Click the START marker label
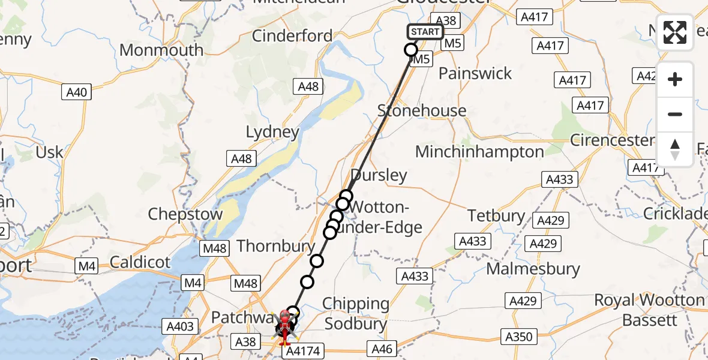pyautogui.click(x=425, y=32)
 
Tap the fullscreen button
pyautogui.click(x=675, y=32)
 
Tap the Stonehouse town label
pyautogui.click(x=422, y=110)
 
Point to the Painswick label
pyautogui.click(x=475, y=74)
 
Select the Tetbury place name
pyautogui.click(x=496, y=215)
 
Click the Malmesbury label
pyautogui.click(x=533, y=269)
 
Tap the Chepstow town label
pyautogui.click(x=185, y=214)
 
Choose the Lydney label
pyautogui.click(x=272, y=132)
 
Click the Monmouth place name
pyautogui.click(x=161, y=50)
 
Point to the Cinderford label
pyautogui.click(x=292, y=36)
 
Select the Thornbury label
pyautogui.click(x=276, y=246)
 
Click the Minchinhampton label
pyautogui.click(x=479, y=151)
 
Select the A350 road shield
pyautogui.click(x=518, y=337)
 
